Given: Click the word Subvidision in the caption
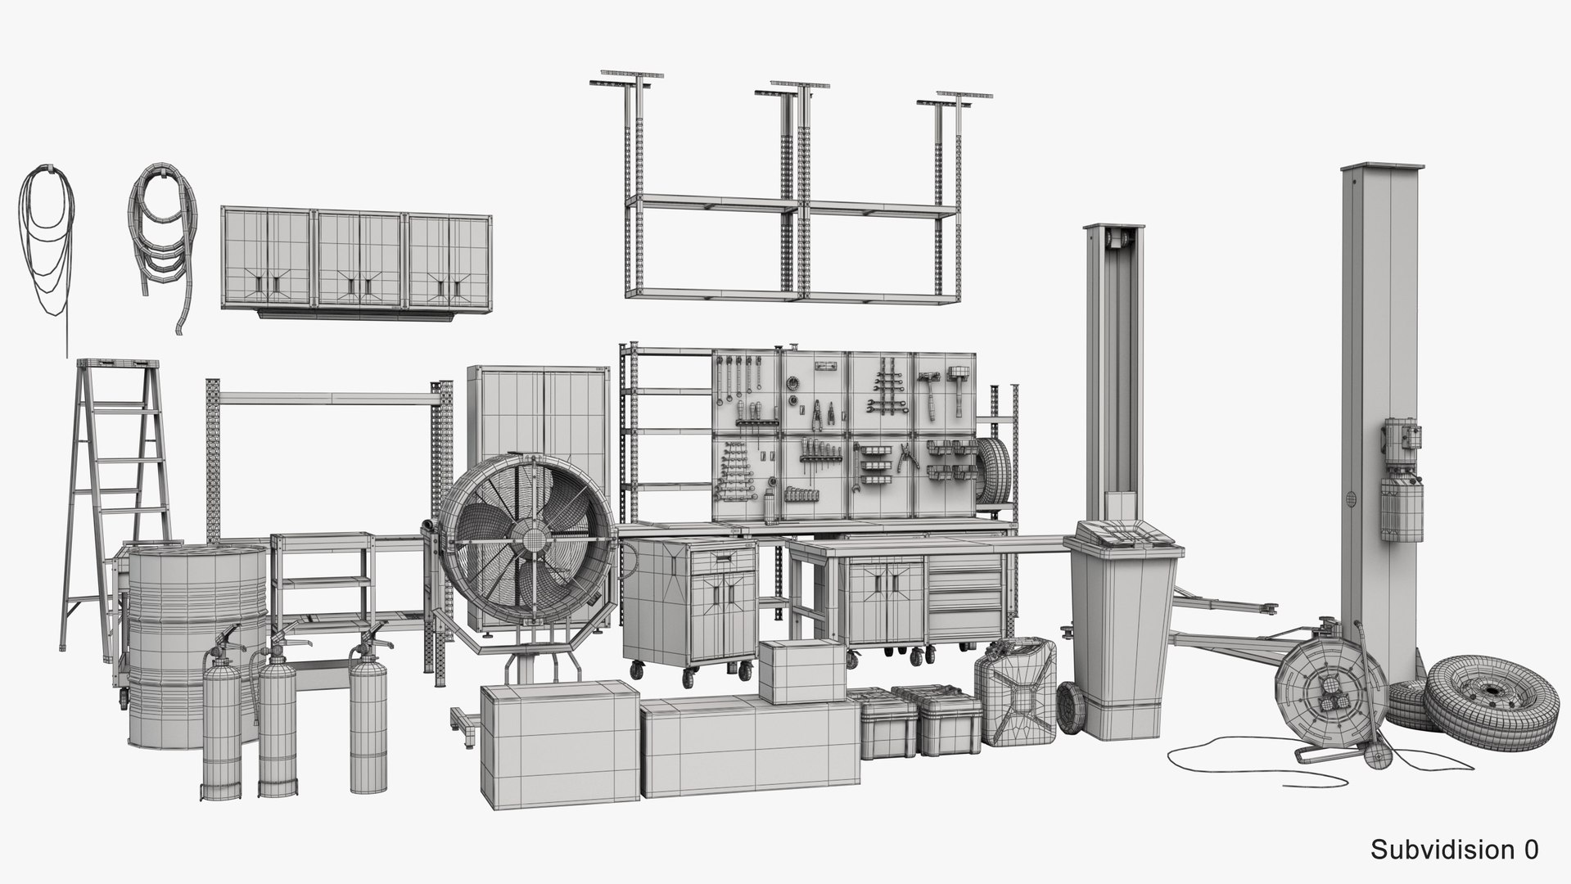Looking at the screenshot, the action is point(1438,850).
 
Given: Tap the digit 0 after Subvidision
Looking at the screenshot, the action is point(1529,850).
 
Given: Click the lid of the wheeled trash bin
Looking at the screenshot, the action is point(1123,539).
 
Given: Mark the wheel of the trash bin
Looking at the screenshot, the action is point(1071,707).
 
